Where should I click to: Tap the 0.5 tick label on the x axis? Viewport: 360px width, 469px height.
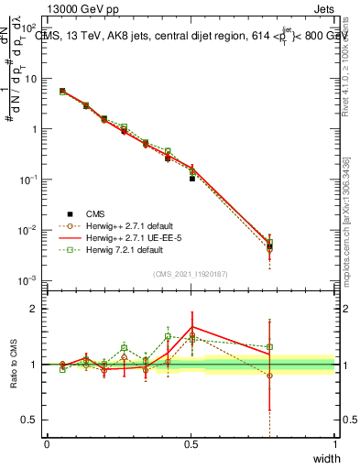click(191, 443)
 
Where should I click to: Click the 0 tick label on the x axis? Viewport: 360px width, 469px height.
click(47, 443)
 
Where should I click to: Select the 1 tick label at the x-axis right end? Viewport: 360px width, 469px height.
click(334, 443)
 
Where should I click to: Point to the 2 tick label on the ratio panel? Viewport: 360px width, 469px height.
click(33, 309)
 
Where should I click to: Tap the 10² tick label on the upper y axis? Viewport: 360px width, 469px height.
click(29, 28)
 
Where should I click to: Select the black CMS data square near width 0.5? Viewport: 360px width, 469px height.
click(192, 179)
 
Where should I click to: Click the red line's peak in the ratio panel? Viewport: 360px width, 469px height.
click(192, 327)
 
